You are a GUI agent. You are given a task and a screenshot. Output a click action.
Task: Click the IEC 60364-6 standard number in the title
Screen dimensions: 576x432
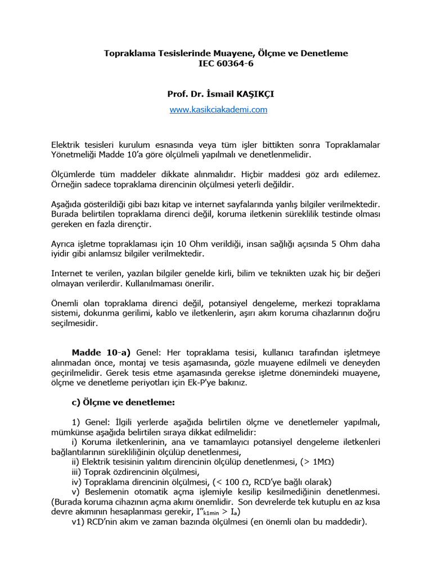218,64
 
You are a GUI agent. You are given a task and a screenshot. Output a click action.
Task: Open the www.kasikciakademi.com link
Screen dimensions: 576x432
218,110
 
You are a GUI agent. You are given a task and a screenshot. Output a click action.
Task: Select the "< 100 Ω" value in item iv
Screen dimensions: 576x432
231,481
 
